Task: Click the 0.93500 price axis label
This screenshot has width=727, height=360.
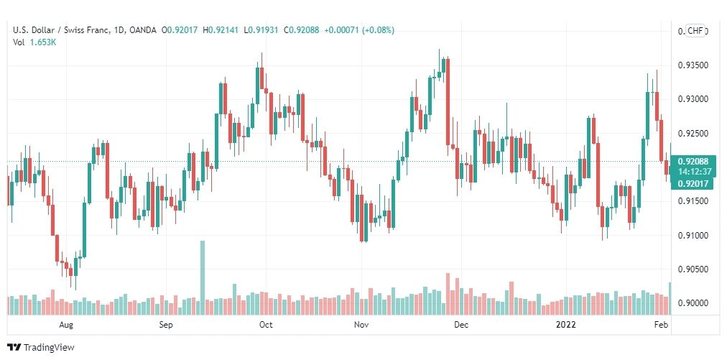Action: pos(693,65)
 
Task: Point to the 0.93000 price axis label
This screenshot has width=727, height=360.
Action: pos(693,99)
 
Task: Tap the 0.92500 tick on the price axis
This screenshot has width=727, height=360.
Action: pos(693,134)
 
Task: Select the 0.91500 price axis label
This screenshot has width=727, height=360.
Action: pos(693,201)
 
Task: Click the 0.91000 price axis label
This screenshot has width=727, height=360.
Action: pos(693,236)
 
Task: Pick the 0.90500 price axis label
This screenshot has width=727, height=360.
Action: pos(693,269)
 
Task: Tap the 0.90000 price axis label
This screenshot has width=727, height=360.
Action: pos(693,303)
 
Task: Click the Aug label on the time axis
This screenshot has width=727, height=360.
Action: pos(66,325)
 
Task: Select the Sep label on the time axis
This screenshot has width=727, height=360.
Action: pos(166,325)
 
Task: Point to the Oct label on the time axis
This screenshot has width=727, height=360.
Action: pos(266,325)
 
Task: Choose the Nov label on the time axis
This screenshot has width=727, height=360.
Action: pos(361,325)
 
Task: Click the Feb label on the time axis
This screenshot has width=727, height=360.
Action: pos(662,325)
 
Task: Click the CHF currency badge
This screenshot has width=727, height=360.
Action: pos(695,31)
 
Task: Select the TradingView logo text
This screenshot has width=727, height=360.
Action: pos(49,348)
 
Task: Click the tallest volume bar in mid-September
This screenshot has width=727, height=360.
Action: pos(203,277)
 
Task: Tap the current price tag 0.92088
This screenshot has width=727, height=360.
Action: pos(693,162)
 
